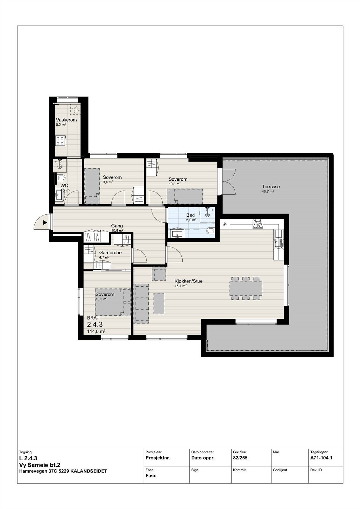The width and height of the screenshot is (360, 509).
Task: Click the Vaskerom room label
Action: (x=66, y=120)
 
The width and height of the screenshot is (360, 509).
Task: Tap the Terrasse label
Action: (x=271, y=187)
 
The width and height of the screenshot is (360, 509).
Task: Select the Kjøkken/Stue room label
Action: (x=188, y=281)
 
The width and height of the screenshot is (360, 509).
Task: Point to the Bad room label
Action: (x=190, y=215)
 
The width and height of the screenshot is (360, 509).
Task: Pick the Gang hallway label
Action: (x=117, y=226)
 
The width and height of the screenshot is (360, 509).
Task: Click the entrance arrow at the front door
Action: (x=45, y=223)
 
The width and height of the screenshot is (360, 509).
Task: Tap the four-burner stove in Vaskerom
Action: (x=60, y=140)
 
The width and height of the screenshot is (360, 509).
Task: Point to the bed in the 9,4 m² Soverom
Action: (x=92, y=186)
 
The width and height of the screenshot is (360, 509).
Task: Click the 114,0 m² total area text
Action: (x=96, y=331)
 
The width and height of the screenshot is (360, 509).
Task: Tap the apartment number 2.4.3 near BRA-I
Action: (x=95, y=324)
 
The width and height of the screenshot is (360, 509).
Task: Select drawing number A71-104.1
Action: (x=321, y=458)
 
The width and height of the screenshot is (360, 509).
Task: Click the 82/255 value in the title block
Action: (x=240, y=458)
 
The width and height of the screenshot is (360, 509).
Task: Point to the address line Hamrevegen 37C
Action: (x=63, y=471)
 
